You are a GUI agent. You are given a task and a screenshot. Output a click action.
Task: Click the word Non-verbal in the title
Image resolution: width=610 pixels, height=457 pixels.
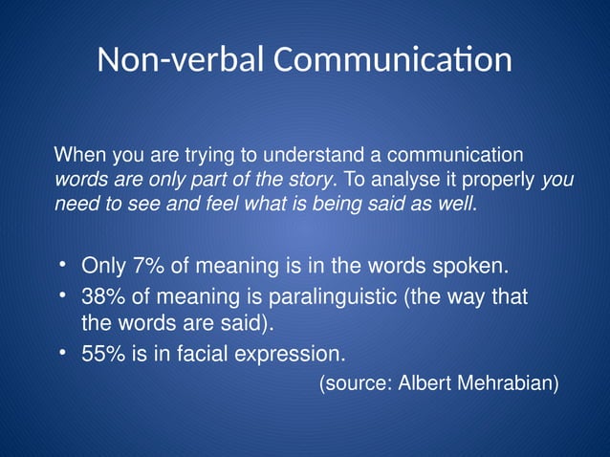pyautogui.click(x=181, y=60)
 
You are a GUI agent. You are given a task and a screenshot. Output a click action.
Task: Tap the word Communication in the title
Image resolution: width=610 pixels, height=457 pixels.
pyautogui.click(x=393, y=60)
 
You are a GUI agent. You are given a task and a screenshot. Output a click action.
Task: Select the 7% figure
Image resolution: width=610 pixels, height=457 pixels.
pyautogui.click(x=149, y=265)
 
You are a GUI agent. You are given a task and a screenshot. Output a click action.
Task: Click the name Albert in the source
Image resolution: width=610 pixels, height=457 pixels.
pyautogui.click(x=424, y=384)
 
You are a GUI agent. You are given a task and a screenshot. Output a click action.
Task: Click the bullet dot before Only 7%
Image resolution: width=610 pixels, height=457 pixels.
pyautogui.click(x=62, y=263)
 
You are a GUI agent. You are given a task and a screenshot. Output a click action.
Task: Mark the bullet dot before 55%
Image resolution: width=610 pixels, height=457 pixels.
pyautogui.click(x=62, y=353)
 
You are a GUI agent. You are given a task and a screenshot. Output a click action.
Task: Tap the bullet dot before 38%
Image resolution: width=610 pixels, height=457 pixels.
pyautogui.click(x=62, y=295)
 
